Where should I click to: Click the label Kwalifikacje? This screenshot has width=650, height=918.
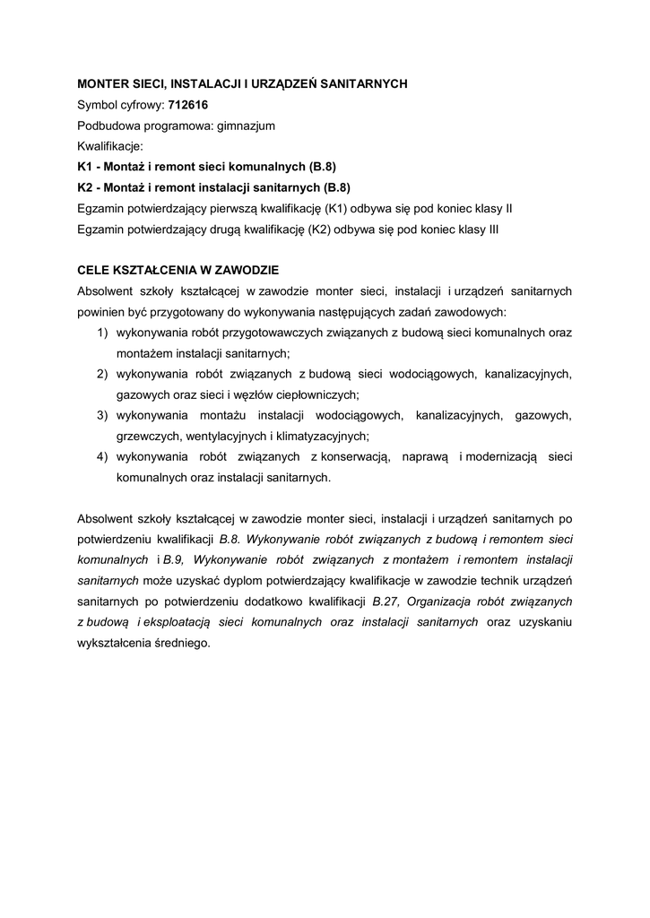pyautogui.click(x=110, y=146)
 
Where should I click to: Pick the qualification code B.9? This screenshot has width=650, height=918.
pyautogui.click(x=175, y=559)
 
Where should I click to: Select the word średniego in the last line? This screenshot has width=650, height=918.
pyautogui.click(x=181, y=643)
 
